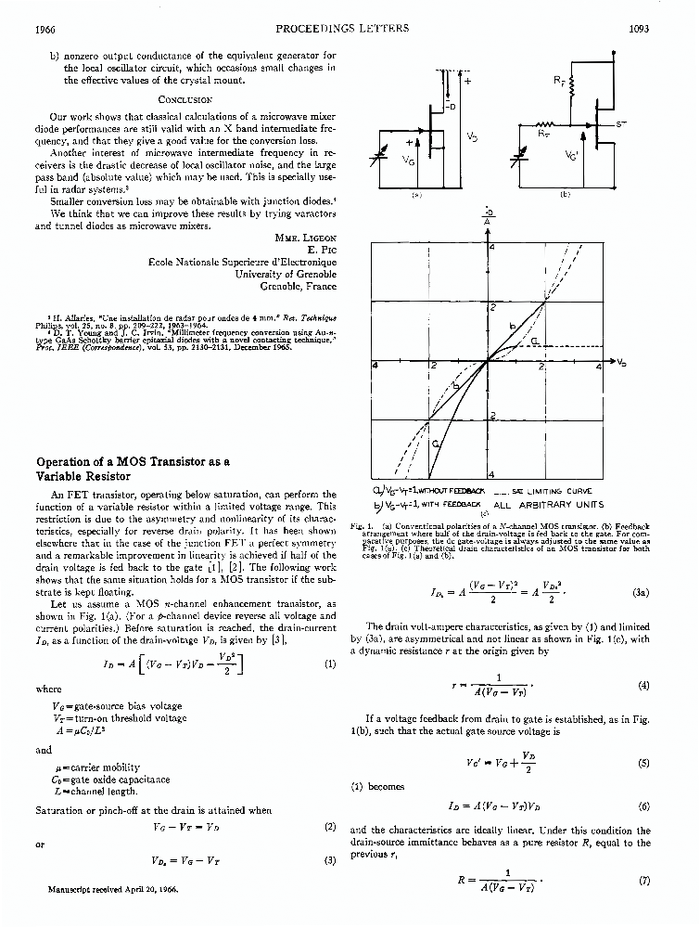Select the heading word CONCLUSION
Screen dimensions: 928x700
click(185, 98)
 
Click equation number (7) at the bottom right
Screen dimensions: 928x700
click(644, 879)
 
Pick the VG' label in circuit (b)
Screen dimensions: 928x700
click(571, 157)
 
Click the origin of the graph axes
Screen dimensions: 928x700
click(488, 362)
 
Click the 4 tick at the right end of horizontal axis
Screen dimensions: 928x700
click(598, 368)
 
